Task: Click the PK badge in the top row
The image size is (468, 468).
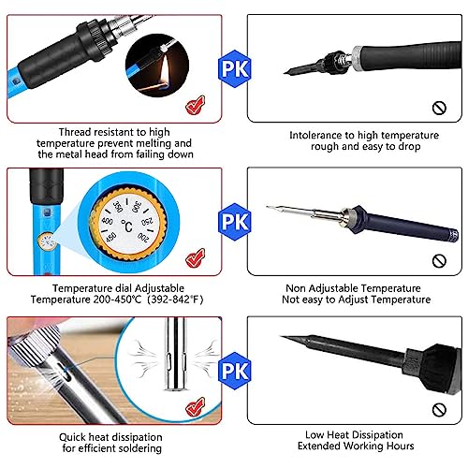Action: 233,68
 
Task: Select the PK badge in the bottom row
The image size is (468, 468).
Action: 233,372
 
